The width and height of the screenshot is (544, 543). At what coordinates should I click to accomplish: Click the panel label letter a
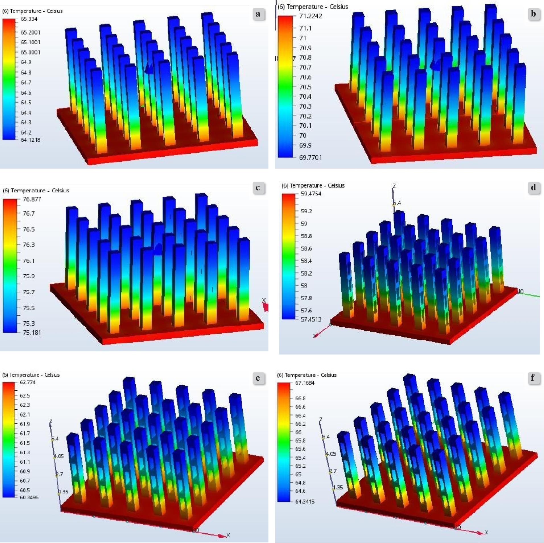258,14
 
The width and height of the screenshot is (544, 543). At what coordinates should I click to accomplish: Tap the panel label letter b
533,14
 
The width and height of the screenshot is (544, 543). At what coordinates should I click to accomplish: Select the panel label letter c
258,188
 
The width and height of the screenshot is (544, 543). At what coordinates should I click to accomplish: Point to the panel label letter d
533,187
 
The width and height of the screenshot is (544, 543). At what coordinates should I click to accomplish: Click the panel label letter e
258,378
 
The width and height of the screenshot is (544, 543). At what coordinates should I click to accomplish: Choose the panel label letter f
532,378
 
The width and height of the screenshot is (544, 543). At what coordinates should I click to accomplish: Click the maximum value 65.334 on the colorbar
29,19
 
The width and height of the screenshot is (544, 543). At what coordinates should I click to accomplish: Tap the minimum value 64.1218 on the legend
30,140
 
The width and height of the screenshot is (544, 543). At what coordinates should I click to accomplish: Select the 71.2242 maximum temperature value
311,16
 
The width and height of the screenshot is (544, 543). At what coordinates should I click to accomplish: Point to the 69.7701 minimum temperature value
310,157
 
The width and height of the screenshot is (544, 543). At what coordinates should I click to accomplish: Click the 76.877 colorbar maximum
32,199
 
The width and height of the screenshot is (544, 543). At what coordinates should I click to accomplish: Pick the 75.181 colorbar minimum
32,333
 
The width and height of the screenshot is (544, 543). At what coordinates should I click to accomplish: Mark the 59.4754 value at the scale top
311,194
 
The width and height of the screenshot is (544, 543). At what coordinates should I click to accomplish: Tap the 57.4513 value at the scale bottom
311,319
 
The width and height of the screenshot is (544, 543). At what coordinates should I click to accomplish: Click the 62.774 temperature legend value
28,382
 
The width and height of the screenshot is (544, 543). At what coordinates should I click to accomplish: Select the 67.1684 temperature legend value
305,383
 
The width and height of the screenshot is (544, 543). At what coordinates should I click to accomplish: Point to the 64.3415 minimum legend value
305,501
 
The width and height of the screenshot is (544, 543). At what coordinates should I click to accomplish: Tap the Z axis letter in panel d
394,186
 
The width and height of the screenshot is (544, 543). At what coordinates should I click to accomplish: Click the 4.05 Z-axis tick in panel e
59,456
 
